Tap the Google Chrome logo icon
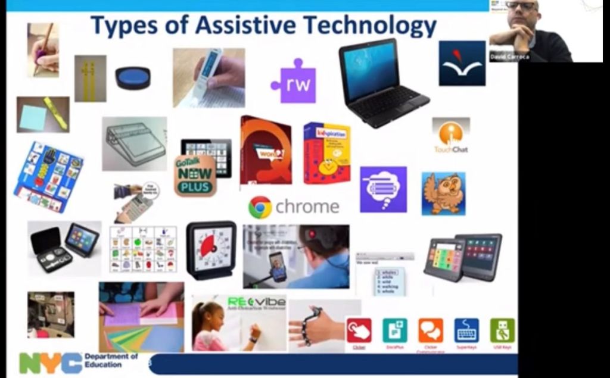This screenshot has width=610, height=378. (x=260, y=207)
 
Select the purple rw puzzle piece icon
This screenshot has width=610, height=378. (x=294, y=84)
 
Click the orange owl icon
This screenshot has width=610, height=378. (x=443, y=193)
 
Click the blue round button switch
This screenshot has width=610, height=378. (x=133, y=78)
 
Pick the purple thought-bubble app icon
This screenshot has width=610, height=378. (x=383, y=189)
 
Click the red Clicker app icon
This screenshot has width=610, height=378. (x=359, y=331)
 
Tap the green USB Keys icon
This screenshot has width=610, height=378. (x=502, y=331)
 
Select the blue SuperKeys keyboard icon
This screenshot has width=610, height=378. (x=466, y=331)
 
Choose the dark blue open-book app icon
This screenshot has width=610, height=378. (x=462, y=63)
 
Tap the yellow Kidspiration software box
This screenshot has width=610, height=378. (x=326, y=153)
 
